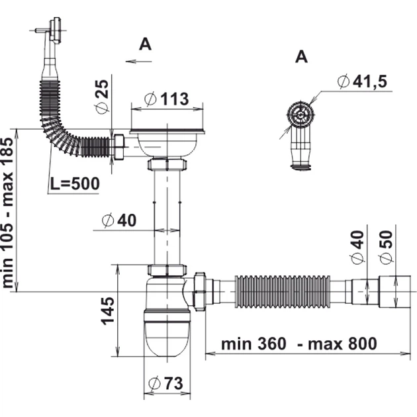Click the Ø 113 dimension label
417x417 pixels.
[167, 99]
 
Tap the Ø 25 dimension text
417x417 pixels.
[102, 97]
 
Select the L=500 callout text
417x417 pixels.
[75, 183]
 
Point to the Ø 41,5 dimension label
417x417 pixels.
[362, 81]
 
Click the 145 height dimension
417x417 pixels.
[108, 311]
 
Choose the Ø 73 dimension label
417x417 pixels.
[165, 383]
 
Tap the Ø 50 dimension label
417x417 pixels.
[387, 248]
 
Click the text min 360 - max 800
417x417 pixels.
[299, 344]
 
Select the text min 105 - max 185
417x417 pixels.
[7, 212]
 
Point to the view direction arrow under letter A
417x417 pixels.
[138, 62]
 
